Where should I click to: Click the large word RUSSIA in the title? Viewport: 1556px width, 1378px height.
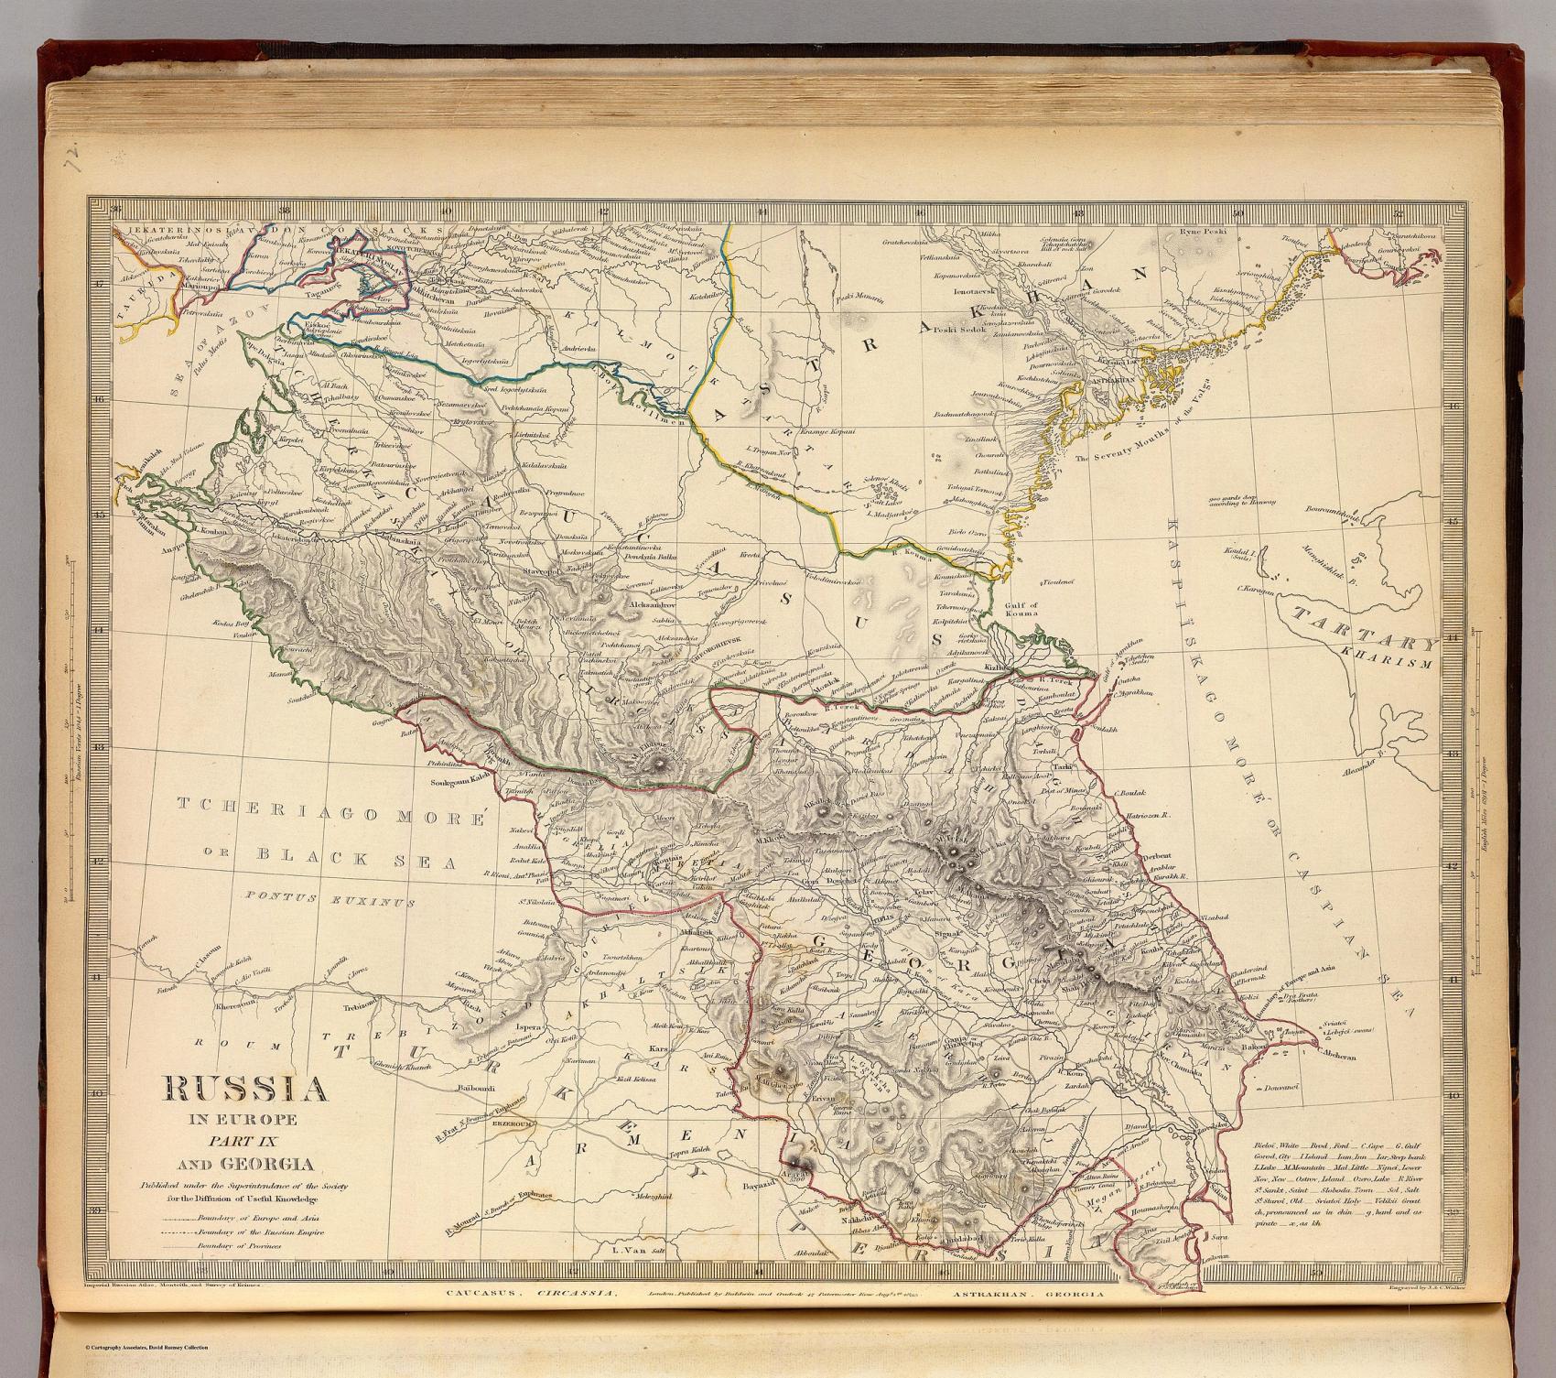[x=246, y=1090]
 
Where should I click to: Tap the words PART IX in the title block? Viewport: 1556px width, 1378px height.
[x=245, y=1143]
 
